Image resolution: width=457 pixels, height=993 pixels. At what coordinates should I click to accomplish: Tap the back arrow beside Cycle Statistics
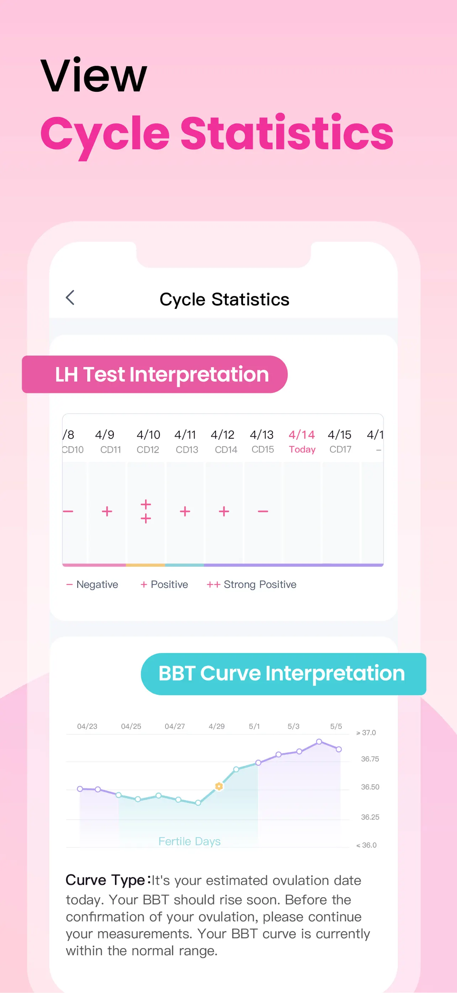(x=70, y=298)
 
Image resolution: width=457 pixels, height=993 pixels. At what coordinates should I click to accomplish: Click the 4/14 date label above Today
(x=302, y=435)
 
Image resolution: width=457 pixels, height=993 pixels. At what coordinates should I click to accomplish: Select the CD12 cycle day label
(x=148, y=450)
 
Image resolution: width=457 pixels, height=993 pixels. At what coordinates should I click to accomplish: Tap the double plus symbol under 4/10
(x=146, y=511)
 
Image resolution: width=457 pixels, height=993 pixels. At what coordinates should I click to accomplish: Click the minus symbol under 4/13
(x=263, y=511)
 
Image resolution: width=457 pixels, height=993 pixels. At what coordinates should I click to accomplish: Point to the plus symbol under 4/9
(x=107, y=511)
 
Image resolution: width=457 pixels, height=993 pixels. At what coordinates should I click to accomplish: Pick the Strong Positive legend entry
(x=252, y=584)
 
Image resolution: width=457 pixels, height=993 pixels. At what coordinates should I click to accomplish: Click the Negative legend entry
(x=92, y=584)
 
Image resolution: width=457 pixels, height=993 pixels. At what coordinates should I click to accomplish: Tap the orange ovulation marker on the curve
(x=219, y=786)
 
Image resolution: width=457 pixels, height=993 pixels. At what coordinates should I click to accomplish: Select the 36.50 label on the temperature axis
(x=370, y=787)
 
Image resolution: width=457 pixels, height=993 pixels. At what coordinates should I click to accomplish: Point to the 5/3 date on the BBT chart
(x=293, y=726)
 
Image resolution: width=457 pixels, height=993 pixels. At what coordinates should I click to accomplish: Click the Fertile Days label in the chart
(x=190, y=841)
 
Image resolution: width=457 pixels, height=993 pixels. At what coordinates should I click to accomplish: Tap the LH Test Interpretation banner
(x=154, y=374)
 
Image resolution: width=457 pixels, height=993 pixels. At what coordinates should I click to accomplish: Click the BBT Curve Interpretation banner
(x=284, y=674)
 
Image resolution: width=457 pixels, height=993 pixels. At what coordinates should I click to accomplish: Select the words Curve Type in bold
(x=105, y=880)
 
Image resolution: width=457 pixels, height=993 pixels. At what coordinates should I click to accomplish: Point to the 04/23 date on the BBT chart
(x=87, y=726)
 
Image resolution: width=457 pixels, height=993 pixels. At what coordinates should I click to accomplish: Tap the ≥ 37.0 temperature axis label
(x=366, y=732)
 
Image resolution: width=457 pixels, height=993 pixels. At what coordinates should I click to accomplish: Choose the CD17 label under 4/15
(x=340, y=450)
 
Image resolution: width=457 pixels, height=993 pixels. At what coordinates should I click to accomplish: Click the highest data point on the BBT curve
(x=319, y=741)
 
